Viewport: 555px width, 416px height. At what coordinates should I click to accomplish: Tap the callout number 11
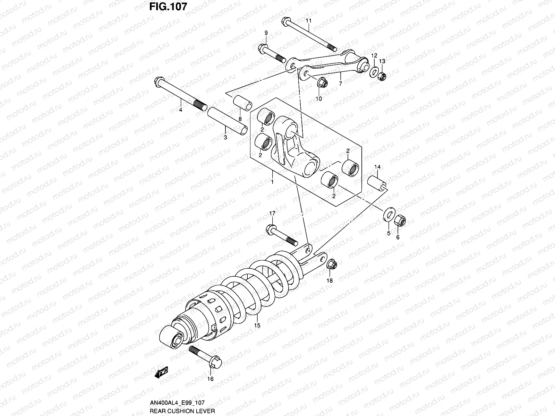click(308, 21)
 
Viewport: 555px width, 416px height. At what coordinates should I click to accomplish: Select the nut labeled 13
click(382, 75)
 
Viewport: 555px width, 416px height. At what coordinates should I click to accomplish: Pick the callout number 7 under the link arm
click(340, 84)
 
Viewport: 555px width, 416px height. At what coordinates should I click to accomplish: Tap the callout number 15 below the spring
click(257, 325)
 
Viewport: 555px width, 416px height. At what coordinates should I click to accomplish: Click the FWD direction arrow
click(162, 373)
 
